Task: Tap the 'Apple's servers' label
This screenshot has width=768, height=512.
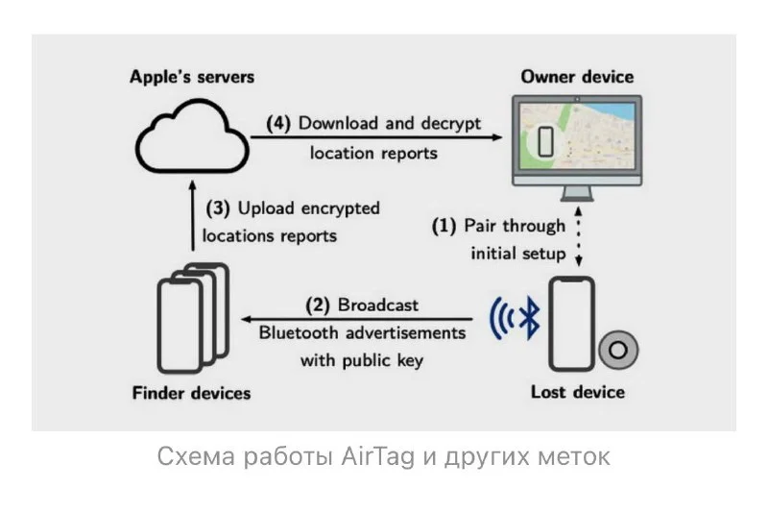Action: (192, 77)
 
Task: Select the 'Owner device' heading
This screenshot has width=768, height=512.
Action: (577, 77)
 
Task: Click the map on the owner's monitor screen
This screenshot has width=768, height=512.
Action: (577, 136)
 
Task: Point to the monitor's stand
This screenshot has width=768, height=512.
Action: (577, 194)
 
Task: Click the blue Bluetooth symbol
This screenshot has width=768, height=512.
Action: (529, 319)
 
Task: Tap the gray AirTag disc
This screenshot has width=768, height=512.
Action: (618, 350)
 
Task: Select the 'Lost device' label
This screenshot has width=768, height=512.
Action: (578, 392)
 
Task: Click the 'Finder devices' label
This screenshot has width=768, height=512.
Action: (191, 393)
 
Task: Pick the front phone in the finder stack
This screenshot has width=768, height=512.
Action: (180, 327)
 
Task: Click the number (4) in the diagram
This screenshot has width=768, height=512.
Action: (278, 123)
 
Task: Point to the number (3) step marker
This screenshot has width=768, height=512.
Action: (218, 208)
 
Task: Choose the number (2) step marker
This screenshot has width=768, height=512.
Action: (318, 305)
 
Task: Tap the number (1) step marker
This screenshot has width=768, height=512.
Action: (444, 226)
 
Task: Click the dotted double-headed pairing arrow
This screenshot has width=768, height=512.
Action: (579, 236)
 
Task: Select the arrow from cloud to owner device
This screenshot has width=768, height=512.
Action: (376, 137)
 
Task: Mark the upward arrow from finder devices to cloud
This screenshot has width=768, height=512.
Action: (193, 215)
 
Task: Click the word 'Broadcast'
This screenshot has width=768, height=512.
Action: (378, 305)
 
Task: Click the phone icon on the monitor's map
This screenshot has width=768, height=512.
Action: (545, 141)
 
